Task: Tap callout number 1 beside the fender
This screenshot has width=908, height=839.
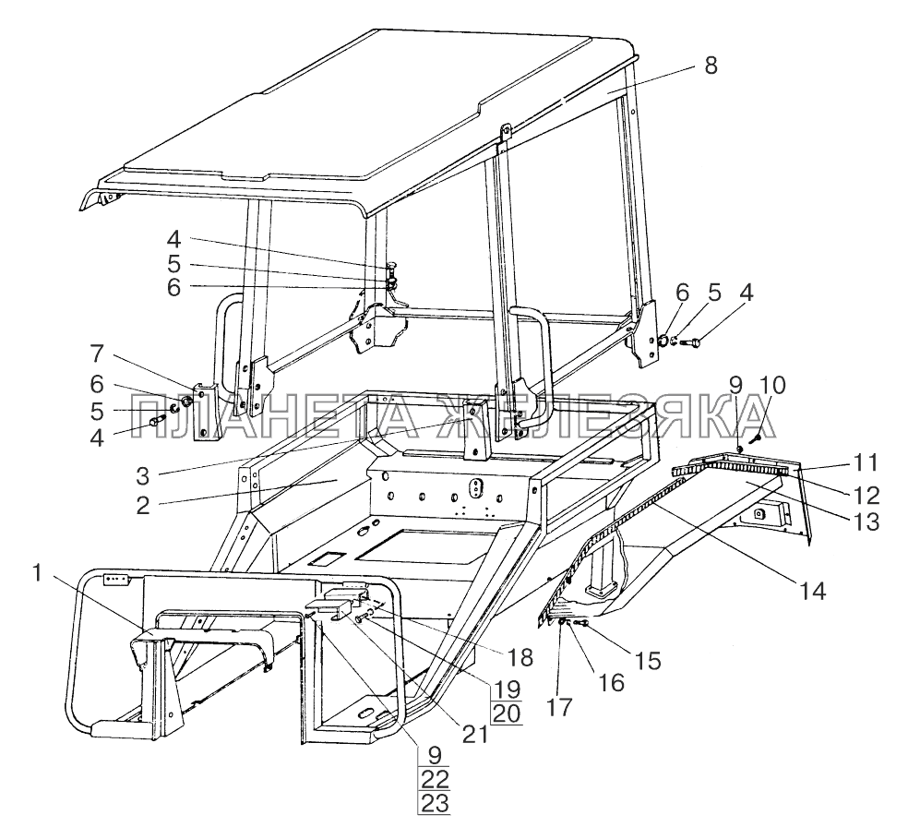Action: pyautogui.click(x=38, y=573)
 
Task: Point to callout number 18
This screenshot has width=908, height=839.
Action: pyautogui.click(x=519, y=657)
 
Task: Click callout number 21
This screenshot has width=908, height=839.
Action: pyautogui.click(x=474, y=734)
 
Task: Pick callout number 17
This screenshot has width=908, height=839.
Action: pyautogui.click(x=559, y=707)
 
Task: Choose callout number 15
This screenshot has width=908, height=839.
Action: pyautogui.click(x=647, y=661)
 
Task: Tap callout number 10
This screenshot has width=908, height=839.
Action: pyautogui.click(x=771, y=386)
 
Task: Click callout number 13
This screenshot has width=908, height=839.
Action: pyautogui.click(x=866, y=522)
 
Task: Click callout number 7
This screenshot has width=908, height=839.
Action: pyautogui.click(x=97, y=354)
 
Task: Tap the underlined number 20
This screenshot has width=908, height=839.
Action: pyautogui.click(x=506, y=713)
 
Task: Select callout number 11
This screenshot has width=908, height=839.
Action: pyautogui.click(x=866, y=463)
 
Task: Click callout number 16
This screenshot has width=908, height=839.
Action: pyautogui.click(x=612, y=683)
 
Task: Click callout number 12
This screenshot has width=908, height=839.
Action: pyautogui.click(x=866, y=496)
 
